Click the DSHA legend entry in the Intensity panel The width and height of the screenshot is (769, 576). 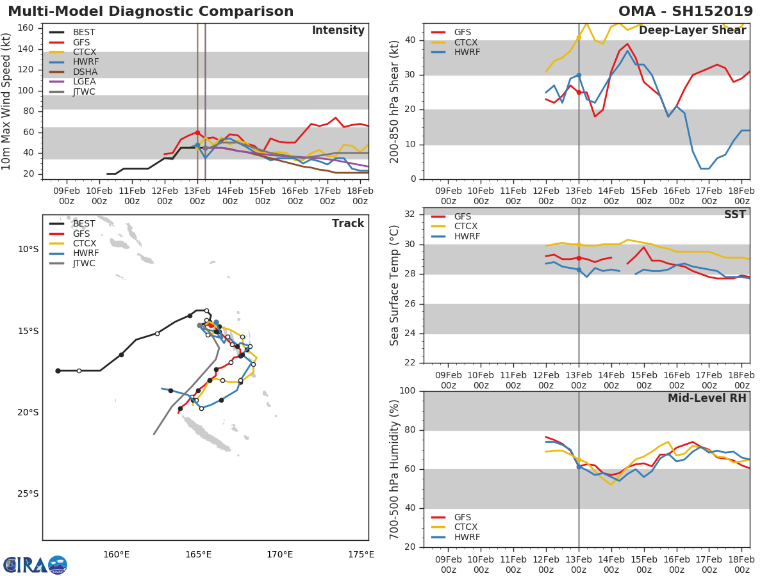pyautogui.click(x=84, y=72)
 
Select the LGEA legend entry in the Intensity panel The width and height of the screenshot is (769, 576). pyautogui.click(x=84, y=81)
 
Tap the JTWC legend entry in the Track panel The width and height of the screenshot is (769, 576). pyautogui.click(x=84, y=263)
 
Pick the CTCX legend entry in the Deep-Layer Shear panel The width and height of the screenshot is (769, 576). pyautogui.click(x=466, y=42)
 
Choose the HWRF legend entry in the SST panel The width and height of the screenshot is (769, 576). pyautogui.click(x=467, y=236)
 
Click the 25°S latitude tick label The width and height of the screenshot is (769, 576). pyautogui.click(x=28, y=493)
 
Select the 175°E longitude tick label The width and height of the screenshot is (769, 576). pyautogui.click(x=361, y=554)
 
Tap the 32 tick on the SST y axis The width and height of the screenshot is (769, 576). pyautogui.click(x=411, y=214)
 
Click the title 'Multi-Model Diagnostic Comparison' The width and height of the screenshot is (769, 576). pyautogui.click(x=151, y=12)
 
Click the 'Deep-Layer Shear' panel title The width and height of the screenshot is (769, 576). pyautogui.click(x=692, y=31)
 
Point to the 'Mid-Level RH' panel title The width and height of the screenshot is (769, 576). pyautogui.click(x=707, y=398)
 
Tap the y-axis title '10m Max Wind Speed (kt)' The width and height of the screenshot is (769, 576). pyautogui.click(x=7, y=101)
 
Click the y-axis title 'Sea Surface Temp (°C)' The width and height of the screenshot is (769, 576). pyautogui.click(x=395, y=285)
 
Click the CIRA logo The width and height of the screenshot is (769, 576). pyautogui.click(x=35, y=564)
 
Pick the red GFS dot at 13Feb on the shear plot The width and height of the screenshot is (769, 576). pyautogui.click(x=579, y=92)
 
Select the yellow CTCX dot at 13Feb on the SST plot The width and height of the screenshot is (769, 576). pyautogui.click(x=579, y=244)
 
